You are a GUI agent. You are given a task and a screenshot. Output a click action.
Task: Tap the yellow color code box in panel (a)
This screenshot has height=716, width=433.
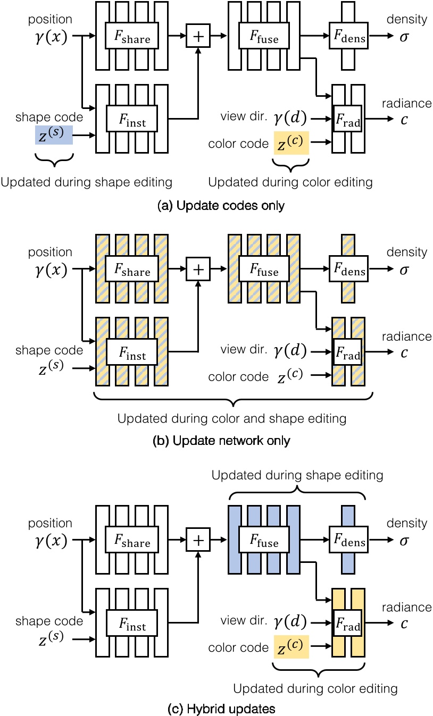pyautogui.click(x=292, y=142)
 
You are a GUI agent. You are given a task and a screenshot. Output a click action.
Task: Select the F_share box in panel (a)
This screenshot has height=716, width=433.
pyautogui.click(x=131, y=37)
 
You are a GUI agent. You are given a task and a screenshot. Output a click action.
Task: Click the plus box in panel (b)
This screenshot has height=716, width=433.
pyautogui.click(x=198, y=269)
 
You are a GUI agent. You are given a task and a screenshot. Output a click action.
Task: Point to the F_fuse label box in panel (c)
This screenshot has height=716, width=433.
pyautogui.click(x=264, y=542)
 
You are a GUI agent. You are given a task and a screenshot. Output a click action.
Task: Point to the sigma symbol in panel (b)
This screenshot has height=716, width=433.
pyautogui.click(x=404, y=270)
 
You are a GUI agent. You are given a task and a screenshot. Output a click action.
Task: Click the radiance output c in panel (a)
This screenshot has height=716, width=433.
pyautogui.click(x=404, y=120)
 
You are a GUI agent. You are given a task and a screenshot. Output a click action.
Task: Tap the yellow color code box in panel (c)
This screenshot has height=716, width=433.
pyautogui.click(x=292, y=647)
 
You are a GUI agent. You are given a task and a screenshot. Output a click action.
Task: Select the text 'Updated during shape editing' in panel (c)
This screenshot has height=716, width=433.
pyautogui.click(x=297, y=474)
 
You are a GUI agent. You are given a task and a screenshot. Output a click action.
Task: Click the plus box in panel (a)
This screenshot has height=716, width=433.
pyautogui.click(x=198, y=37)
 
